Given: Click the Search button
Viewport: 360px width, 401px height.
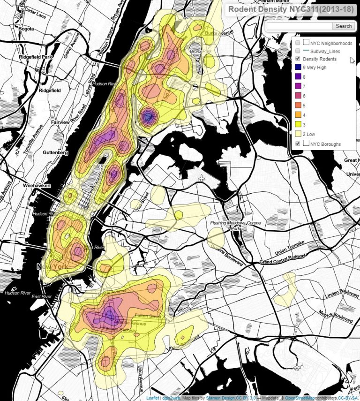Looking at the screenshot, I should point(344,26).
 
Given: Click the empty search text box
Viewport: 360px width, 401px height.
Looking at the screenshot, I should point(300,26).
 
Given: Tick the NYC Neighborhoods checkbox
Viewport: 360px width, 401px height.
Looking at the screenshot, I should point(298,43).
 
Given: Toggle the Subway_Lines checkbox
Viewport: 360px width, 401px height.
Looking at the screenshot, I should point(298,51).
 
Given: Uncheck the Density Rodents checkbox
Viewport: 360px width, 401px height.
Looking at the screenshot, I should point(298,59).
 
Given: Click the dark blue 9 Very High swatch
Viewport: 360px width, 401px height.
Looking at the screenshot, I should point(298,67).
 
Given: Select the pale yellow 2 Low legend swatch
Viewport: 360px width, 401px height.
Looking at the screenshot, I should point(298,135).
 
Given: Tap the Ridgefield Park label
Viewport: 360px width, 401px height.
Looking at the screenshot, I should point(36,57).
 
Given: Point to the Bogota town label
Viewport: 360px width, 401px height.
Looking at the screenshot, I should point(24,29).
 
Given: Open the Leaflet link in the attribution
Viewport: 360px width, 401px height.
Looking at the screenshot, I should point(152,398).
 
